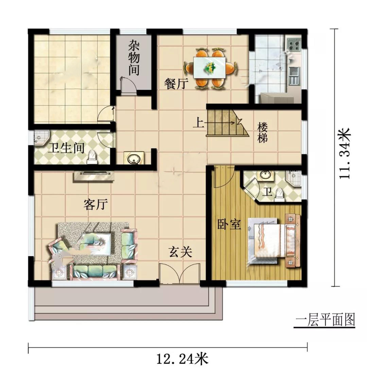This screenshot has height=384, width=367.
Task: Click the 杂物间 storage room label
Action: pos(134,58)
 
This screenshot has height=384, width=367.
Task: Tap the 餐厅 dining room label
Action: pos(176,84)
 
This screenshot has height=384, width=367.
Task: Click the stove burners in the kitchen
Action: pos(294,44)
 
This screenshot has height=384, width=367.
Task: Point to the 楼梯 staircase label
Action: pos(262,132)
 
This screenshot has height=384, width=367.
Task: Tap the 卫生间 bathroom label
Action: pos(66,148)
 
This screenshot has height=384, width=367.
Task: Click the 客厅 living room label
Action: pos(96,204)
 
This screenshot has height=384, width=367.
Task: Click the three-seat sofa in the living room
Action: pos(94,272)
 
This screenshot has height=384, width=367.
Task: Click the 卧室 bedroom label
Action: pos(229,224)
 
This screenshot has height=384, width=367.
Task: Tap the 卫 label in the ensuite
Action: pos(267,192)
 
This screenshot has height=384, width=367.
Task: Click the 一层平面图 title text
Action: pos(325,320)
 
